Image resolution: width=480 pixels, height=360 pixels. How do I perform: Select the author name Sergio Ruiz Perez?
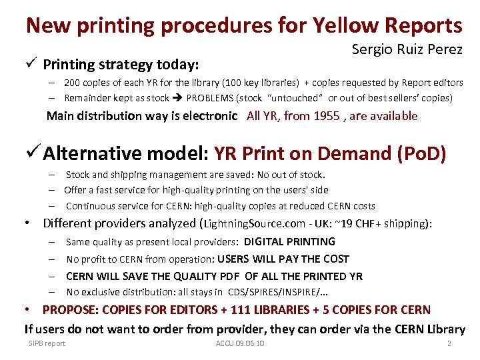pos(407,49)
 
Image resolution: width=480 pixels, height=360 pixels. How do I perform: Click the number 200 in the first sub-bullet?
pos(73,83)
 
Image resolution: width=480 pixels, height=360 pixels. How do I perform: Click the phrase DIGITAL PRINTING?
pos(289,241)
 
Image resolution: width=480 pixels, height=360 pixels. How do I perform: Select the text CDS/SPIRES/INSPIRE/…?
pos(277,292)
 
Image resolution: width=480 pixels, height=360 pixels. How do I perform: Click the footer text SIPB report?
pos(47,343)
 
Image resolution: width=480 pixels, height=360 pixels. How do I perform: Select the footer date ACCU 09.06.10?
pos(240,343)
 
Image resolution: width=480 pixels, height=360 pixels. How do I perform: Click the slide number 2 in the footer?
pos(449,343)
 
